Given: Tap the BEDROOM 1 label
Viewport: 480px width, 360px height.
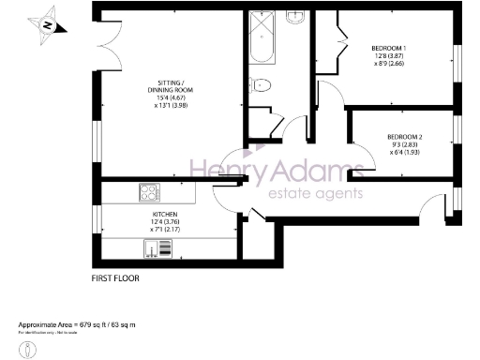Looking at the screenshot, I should pos(388,47).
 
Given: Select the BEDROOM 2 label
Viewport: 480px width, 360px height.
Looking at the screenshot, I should pos(405,138).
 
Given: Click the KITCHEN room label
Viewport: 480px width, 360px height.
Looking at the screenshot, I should pos(165,214).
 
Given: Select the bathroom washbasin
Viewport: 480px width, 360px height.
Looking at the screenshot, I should pos(294,16).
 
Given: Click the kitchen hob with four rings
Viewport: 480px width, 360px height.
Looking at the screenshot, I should pos(149,194).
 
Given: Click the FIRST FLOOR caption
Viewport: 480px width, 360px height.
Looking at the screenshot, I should pos(116,279).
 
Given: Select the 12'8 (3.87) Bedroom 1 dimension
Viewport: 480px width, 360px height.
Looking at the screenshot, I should pos(388,56).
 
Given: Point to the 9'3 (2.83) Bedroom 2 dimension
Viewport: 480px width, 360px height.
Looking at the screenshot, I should pos(405,146).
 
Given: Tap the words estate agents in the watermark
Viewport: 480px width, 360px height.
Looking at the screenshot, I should pos(316,194).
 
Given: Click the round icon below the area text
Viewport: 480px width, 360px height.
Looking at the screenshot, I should pos(31,349).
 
